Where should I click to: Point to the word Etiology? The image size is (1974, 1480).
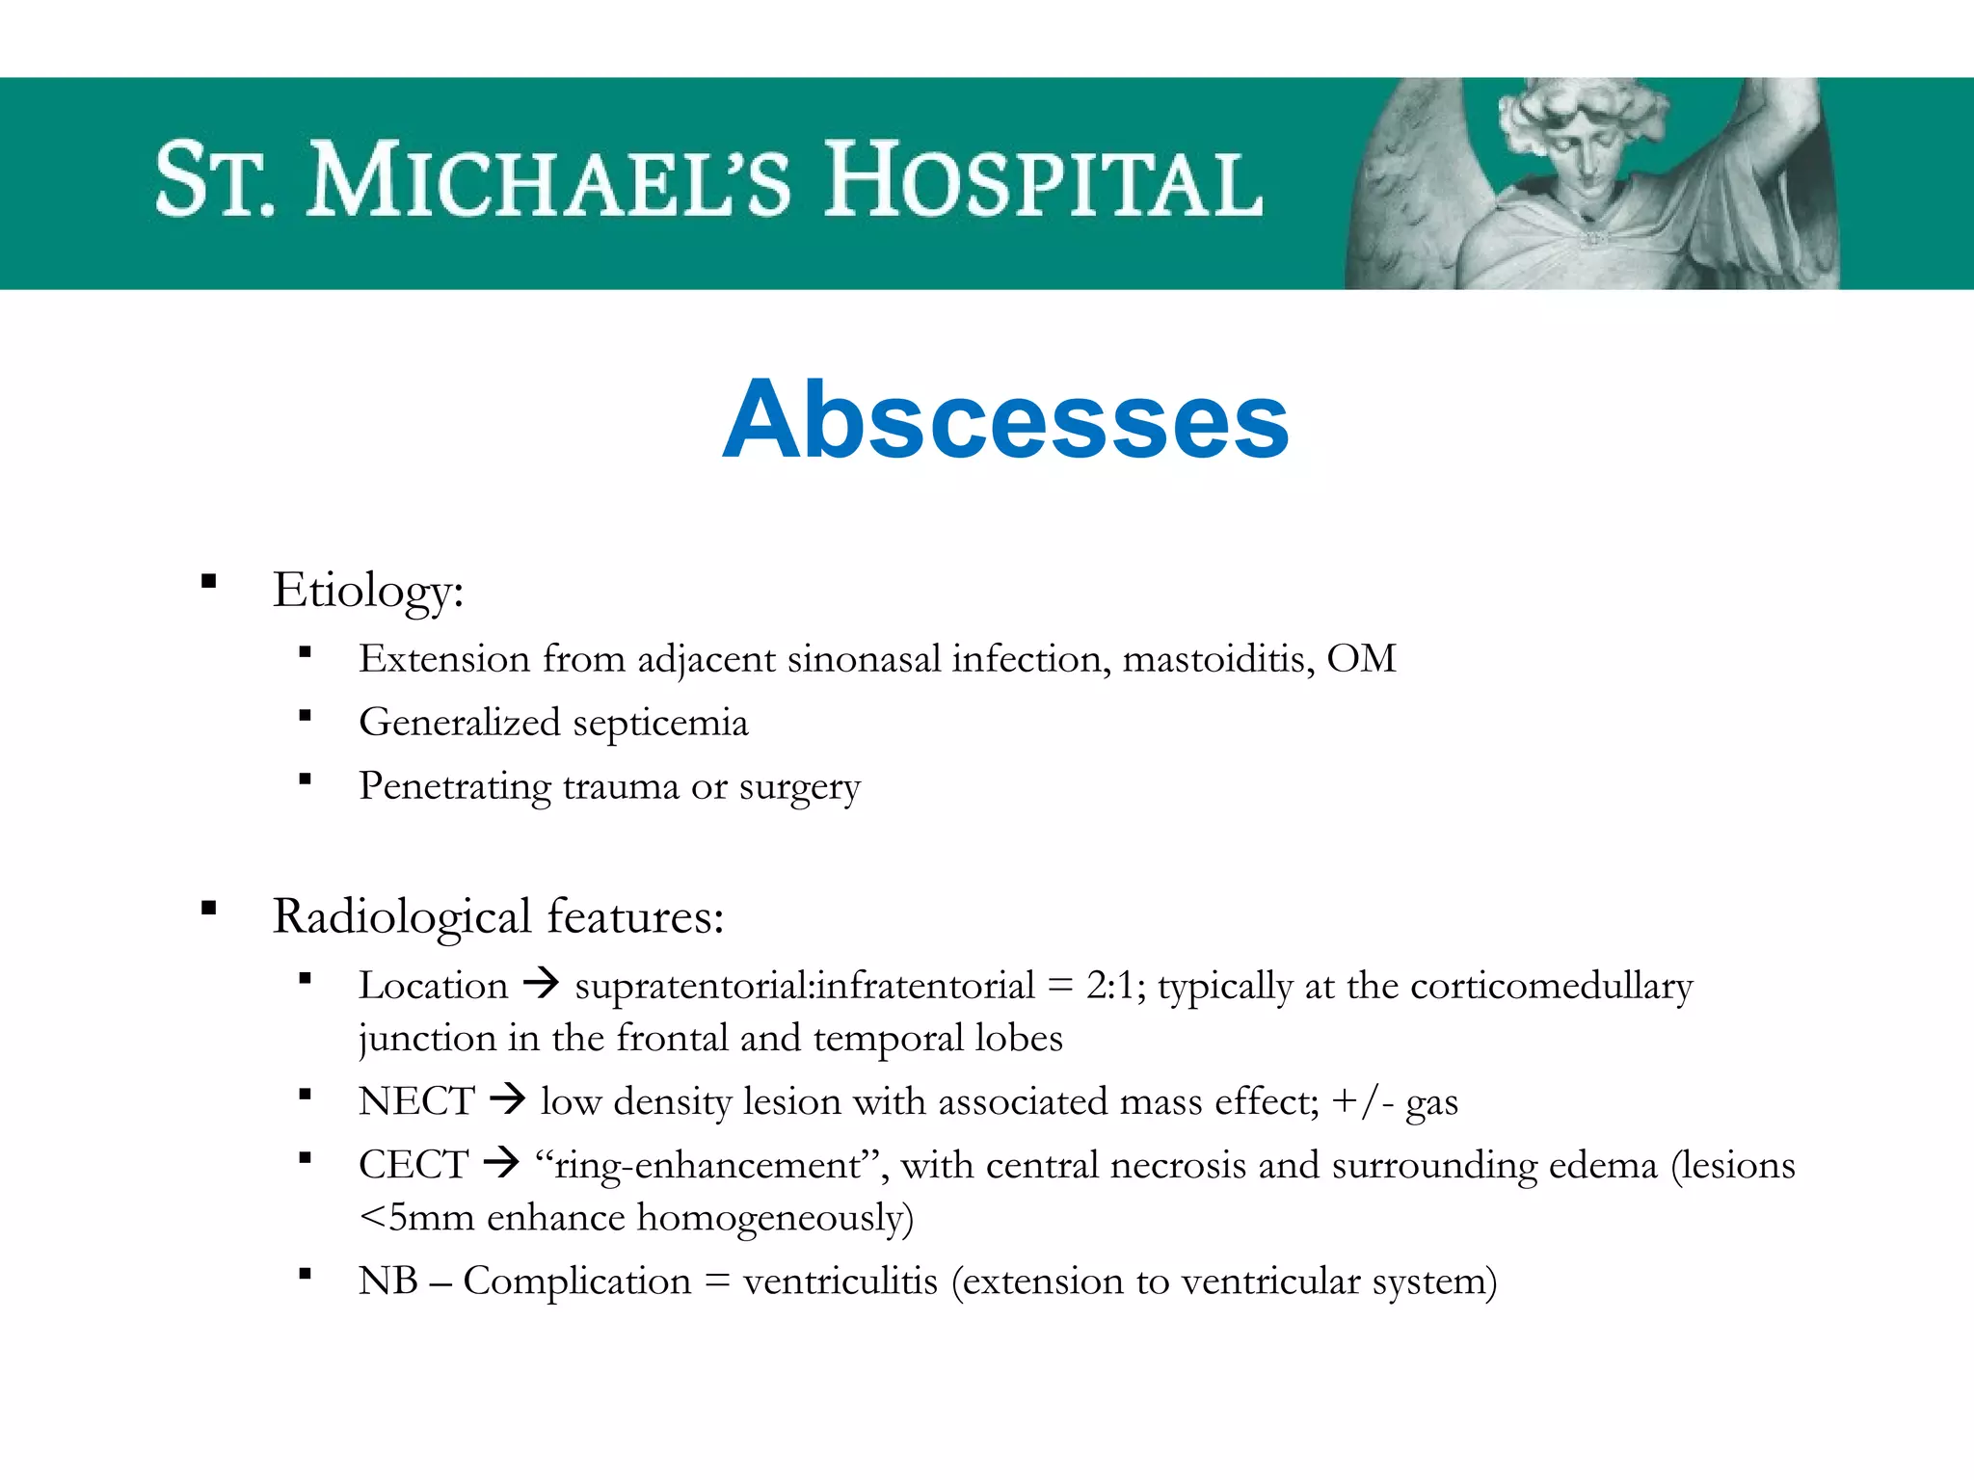click(367, 591)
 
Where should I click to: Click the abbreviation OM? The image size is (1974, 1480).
click(1361, 659)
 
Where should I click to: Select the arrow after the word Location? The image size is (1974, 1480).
click(541, 985)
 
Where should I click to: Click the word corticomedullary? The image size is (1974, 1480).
click(1551, 986)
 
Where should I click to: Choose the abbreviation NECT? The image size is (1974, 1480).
click(416, 1101)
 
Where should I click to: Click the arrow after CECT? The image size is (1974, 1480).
click(501, 1164)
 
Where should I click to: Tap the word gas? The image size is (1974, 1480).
click(1431, 1103)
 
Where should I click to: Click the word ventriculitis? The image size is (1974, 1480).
click(840, 1282)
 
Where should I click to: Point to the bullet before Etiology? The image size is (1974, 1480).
click(208, 581)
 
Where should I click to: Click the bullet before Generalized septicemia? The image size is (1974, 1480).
click(305, 715)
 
